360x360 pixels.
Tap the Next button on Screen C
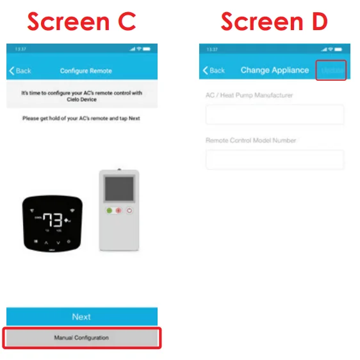click(x=81, y=316)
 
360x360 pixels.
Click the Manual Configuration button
click(x=81, y=338)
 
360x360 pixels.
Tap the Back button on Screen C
click(x=20, y=70)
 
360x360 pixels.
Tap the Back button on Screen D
click(x=214, y=70)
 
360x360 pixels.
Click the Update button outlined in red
click(x=331, y=70)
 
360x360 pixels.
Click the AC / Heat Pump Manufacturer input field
click(x=274, y=115)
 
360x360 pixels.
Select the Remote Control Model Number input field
click(x=274, y=160)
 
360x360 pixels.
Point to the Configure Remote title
click(x=86, y=70)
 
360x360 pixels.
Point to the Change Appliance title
click(x=275, y=70)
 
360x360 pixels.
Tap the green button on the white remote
click(x=110, y=210)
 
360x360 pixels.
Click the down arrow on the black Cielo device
click(x=59, y=243)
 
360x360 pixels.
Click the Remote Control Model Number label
click(x=250, y=140)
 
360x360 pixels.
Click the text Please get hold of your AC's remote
click(x=81, y=119)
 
